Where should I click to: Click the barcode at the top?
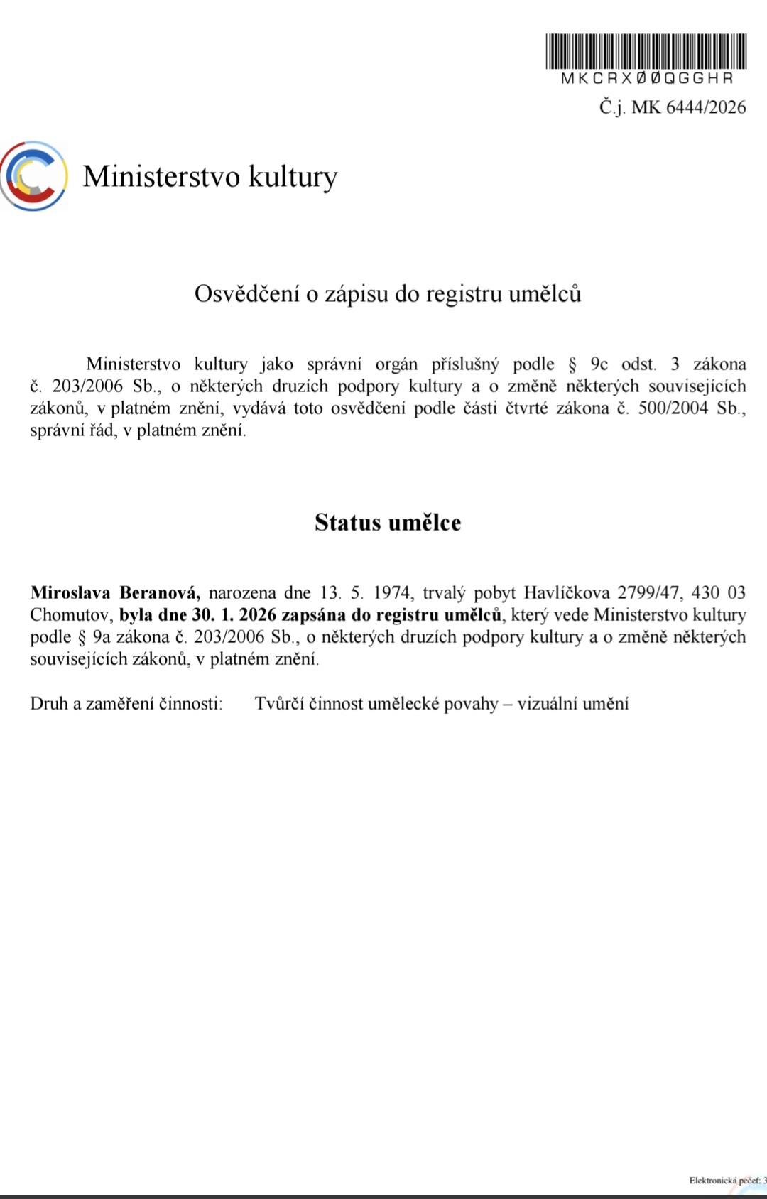(646, 51)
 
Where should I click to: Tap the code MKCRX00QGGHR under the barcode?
(646, 78)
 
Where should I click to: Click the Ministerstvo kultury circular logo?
(33, 176)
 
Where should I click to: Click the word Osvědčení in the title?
(246, 294)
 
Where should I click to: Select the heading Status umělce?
(388, 523)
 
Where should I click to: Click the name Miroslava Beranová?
(115, 592)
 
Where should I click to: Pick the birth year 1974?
(391, 592)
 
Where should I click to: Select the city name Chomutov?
(70, 614)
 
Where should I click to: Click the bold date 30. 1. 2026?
(234, 614)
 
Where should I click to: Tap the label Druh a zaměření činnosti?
(126, 704)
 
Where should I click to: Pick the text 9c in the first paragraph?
(599, 364)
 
